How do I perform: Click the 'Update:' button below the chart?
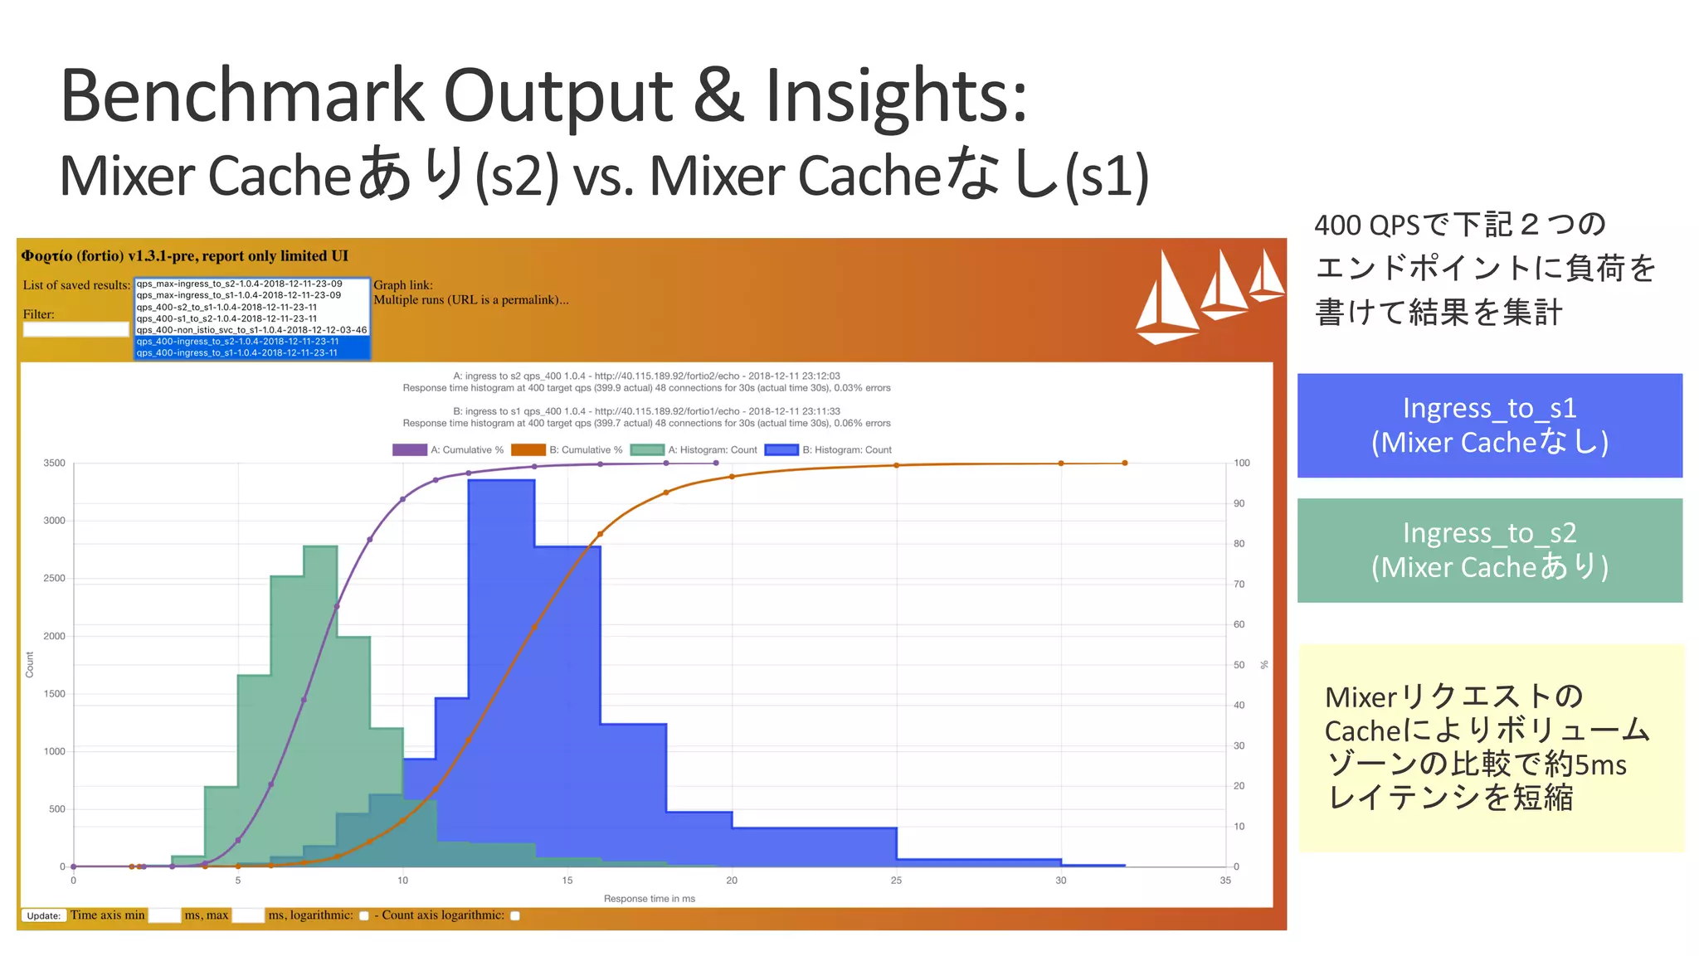point(43,916)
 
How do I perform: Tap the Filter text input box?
point(75,329)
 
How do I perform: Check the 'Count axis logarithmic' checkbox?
point(515,916)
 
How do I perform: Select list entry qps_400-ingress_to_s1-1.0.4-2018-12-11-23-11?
point(237,353)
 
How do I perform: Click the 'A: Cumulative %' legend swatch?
point(409,450)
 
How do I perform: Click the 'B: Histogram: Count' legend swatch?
point(781,450)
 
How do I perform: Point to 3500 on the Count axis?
point(55,463)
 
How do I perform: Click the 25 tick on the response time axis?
point(896,881)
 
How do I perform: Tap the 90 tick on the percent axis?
point(1239,504)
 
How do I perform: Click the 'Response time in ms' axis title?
point(649,899)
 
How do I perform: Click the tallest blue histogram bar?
point(501,663)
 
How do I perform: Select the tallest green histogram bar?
point(320,705)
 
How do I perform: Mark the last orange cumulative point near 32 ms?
point(1125,463)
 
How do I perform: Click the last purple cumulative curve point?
point(716,463)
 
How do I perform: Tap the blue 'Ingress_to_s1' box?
point(1489,425)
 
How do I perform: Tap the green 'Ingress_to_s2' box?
point(1489,550)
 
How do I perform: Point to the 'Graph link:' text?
point(403,285)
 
